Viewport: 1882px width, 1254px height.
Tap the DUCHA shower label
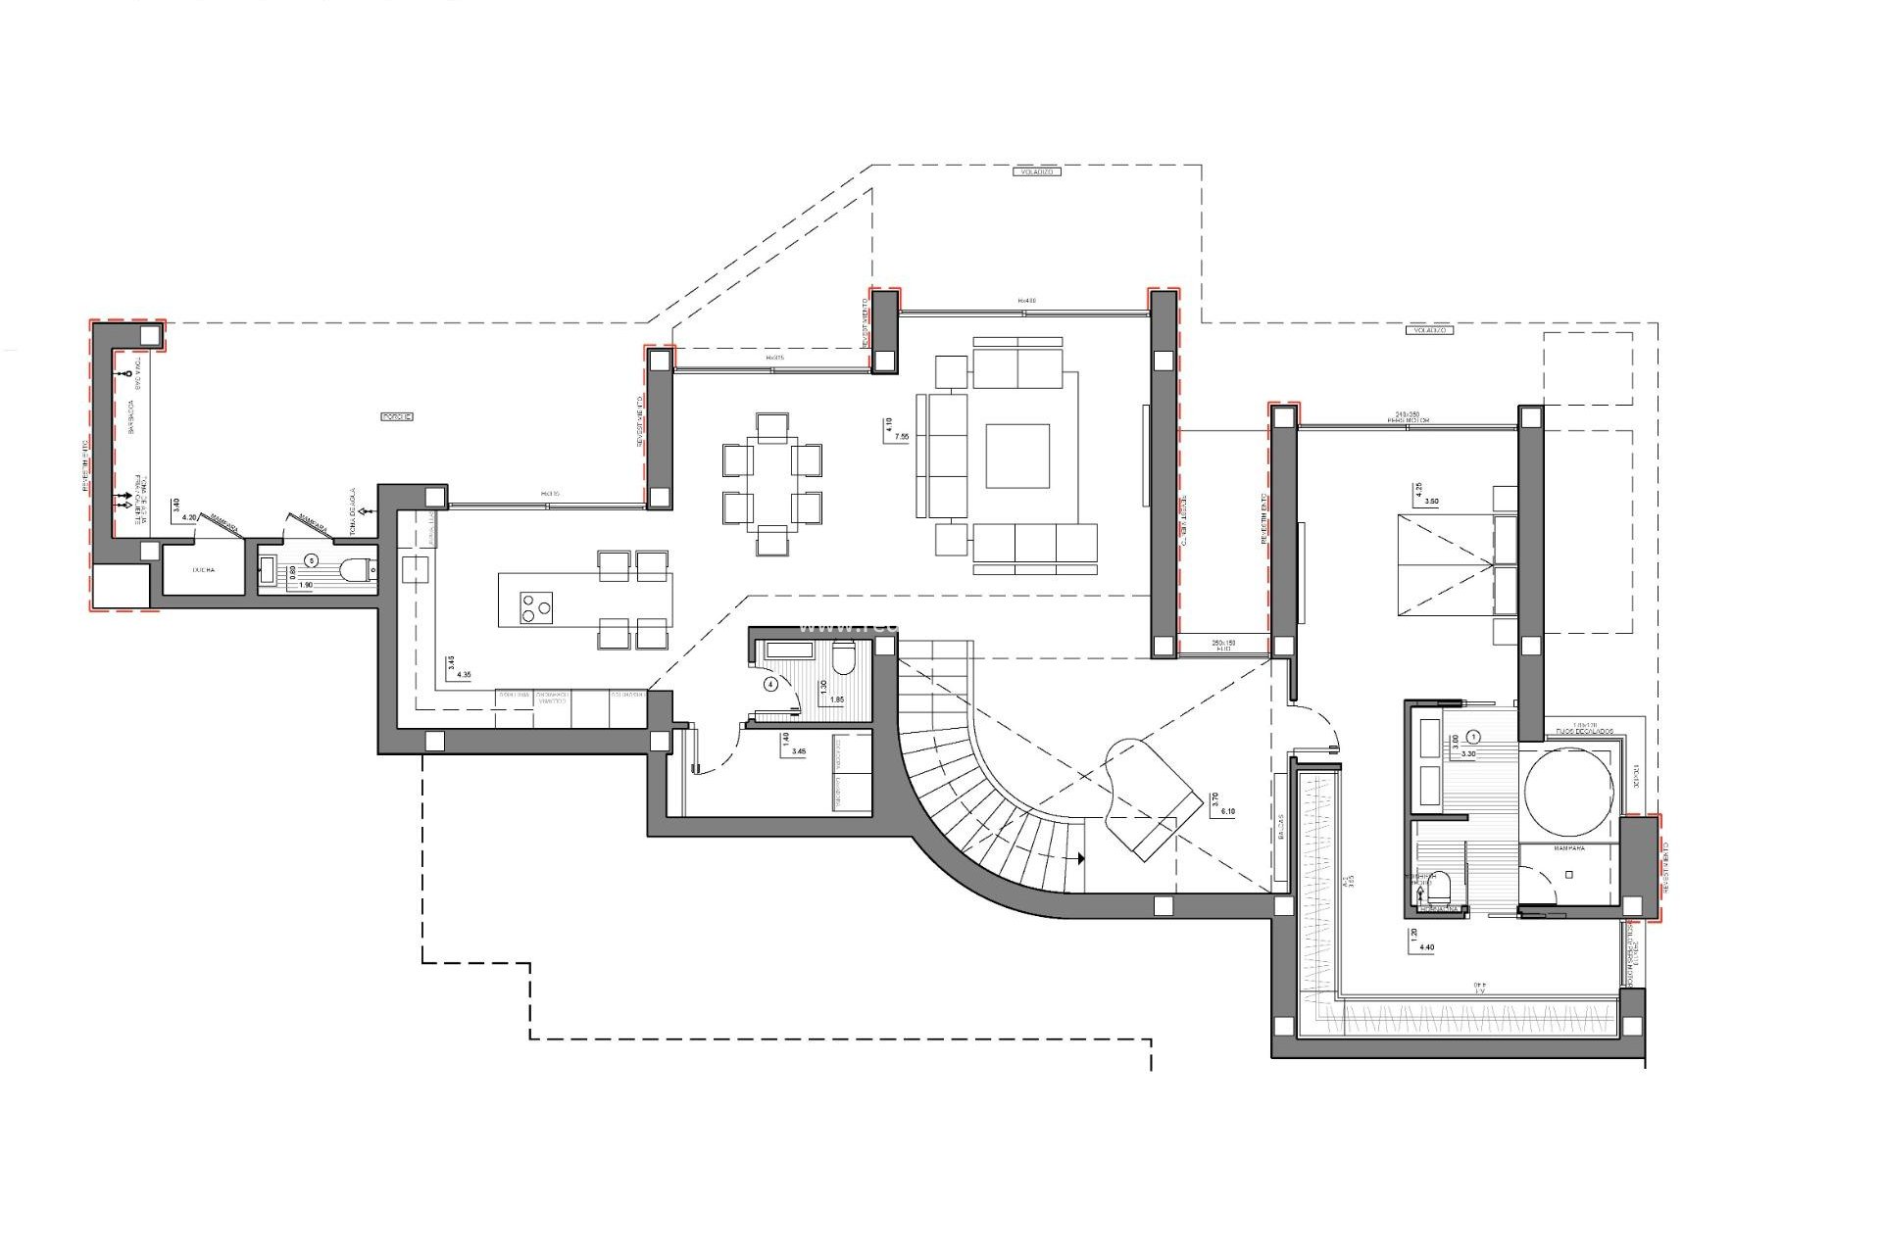(x=204, y=569)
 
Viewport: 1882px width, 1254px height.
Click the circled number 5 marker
(x=312, y=560)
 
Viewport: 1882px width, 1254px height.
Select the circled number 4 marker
(x=770, y=685)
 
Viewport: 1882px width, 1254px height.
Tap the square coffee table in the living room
(x=1016, y=456)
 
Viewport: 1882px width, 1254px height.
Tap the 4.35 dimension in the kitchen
(x=465, y=675)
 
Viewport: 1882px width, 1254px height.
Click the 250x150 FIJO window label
(x=1221, y=644)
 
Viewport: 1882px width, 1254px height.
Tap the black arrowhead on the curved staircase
(x=1080, y=859)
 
